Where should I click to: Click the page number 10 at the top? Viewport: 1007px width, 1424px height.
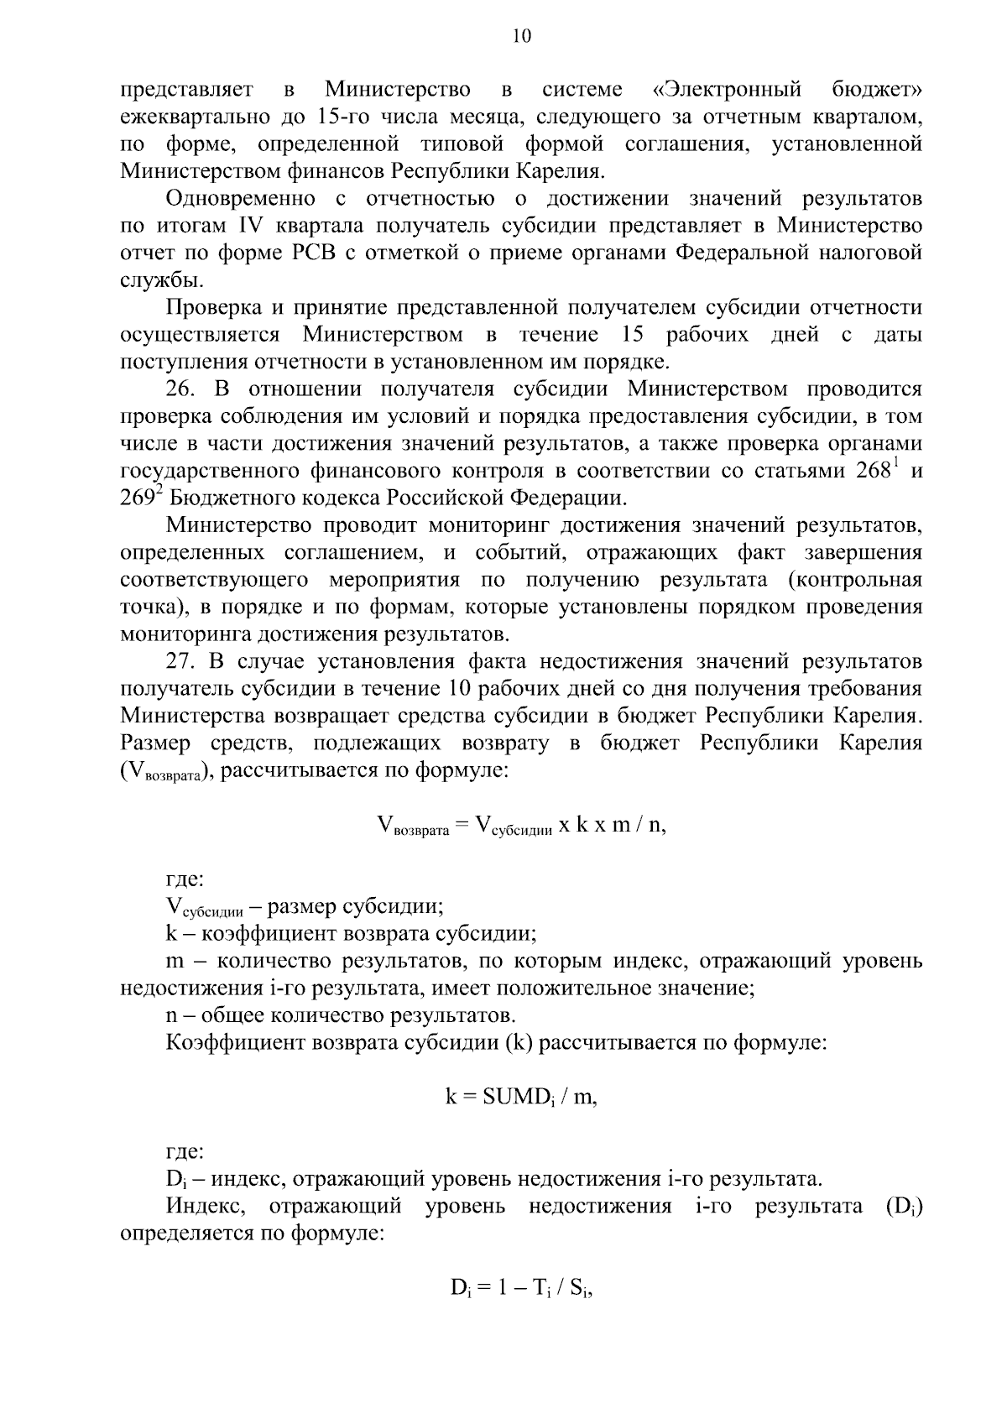tap(520, 36)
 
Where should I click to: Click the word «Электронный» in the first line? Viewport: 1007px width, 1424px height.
tap(727, 90)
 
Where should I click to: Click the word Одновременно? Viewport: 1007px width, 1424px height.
tap(241, 199)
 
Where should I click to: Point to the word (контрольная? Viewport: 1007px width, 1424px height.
tap(855, 580)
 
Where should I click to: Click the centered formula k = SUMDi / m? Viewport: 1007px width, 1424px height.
tap(520, 1098)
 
